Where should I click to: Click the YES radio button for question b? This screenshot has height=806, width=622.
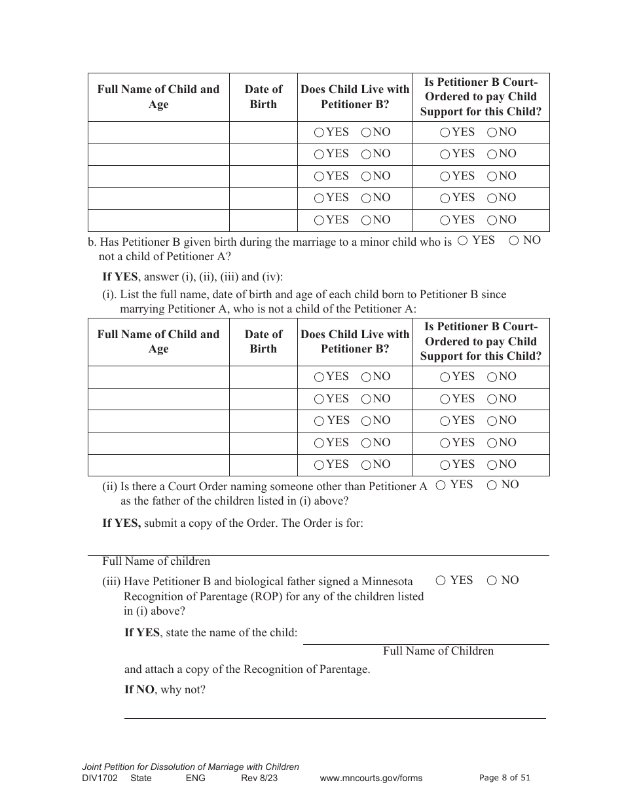point(462,240)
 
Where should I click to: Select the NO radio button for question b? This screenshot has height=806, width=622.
point(514,240)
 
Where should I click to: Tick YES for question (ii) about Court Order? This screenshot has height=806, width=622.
point(441,485)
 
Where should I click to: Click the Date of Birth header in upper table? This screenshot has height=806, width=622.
point(263,97)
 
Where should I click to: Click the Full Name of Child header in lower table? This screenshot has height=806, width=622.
point(158,341)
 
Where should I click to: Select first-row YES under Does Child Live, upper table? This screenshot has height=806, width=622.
point(319,132)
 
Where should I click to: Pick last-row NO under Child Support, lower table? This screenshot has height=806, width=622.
point(492,465)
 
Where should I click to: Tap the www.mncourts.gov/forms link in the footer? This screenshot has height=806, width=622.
point(371,778)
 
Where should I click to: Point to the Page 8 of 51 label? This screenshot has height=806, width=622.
point(504,778)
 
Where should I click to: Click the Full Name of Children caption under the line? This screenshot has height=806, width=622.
point(438,651)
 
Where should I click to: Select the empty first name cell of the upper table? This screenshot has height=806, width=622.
point(158,132)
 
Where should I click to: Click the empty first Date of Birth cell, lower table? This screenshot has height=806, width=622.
point(263,377)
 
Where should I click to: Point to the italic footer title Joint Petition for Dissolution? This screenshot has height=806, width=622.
point(190,767)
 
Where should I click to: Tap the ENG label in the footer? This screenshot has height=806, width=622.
point(196,778)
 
